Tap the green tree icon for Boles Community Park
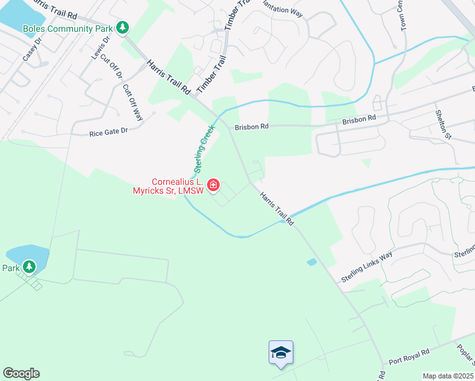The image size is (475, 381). click(x=123, y=28)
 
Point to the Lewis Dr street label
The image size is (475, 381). click(x=100, y=48)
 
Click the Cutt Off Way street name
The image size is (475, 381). click(x=133, y=101)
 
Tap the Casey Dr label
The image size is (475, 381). click(x=32, y=48)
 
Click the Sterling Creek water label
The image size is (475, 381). click(x=205, y=148)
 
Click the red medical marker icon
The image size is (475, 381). click(x=213, y=185)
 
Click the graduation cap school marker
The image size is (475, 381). click(x=281, y=352)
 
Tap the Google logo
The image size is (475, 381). click(x=21, y=373)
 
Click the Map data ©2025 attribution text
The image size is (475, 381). click(x=448, y=376)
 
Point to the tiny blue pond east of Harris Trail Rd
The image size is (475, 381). click(x=311, y=262)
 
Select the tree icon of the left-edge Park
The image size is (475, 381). click(x=29, y=267)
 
